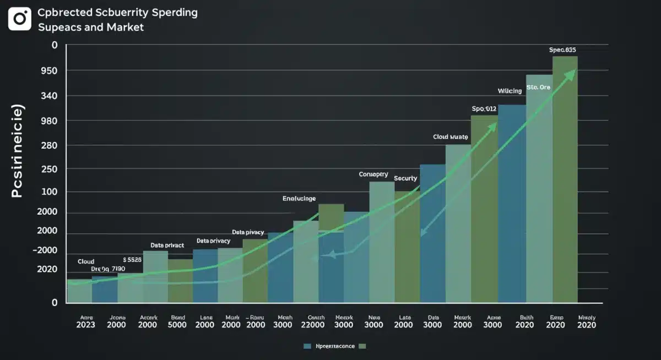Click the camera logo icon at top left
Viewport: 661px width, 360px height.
20,19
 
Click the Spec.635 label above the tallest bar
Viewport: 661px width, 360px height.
563,50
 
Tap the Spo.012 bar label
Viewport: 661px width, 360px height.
484,108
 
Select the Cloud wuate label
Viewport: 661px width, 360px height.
450,136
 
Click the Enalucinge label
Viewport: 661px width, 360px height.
299,198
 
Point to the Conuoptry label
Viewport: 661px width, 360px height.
373,174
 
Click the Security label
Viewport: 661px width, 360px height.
405,178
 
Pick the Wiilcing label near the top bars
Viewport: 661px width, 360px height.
510,91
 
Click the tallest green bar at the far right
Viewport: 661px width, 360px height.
565,182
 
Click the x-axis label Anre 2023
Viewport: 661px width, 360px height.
85,321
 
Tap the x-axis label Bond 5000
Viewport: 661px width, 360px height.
178,321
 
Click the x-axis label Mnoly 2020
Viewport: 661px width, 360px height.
587,321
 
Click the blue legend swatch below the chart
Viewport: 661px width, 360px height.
308,346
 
